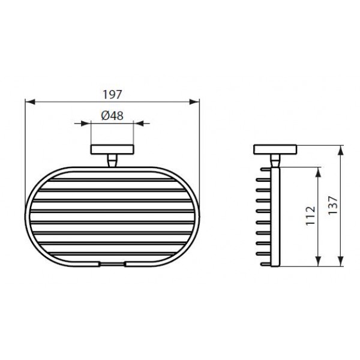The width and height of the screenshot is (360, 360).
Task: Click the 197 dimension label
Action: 112,95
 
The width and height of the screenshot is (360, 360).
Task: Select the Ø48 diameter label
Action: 112,115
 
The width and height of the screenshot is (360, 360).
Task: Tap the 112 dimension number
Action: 310,216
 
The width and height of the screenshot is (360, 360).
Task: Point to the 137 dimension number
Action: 332,205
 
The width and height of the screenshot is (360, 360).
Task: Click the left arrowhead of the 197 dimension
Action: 30,102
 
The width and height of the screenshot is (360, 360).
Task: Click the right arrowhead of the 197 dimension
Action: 194,102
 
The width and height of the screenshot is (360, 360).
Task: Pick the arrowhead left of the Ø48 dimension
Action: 86,123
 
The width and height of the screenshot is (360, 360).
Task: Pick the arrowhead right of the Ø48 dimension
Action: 139,123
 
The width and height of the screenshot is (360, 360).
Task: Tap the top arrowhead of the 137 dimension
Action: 341,150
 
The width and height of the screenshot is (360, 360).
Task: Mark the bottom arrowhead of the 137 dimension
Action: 341,261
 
